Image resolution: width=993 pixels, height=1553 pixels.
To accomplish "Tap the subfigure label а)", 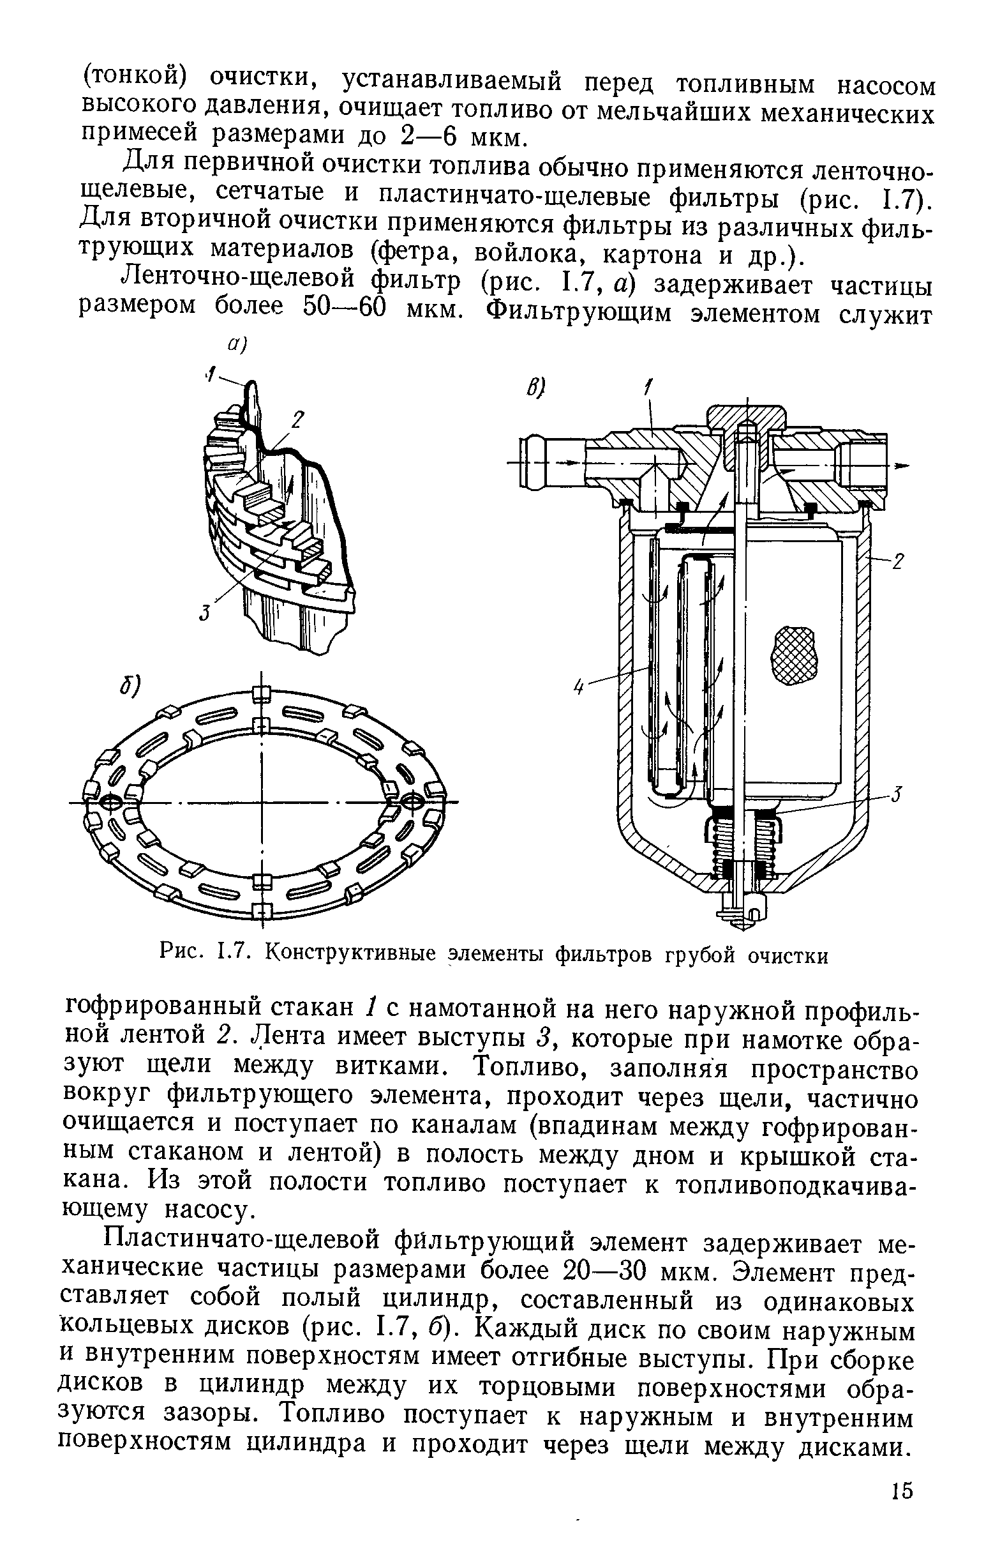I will pos(237,347).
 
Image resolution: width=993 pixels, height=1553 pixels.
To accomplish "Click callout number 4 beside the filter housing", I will pos(578,688).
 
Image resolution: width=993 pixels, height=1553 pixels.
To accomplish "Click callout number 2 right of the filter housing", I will pos(899,563).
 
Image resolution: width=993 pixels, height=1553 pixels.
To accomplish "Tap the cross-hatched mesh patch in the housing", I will pos(793,655).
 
